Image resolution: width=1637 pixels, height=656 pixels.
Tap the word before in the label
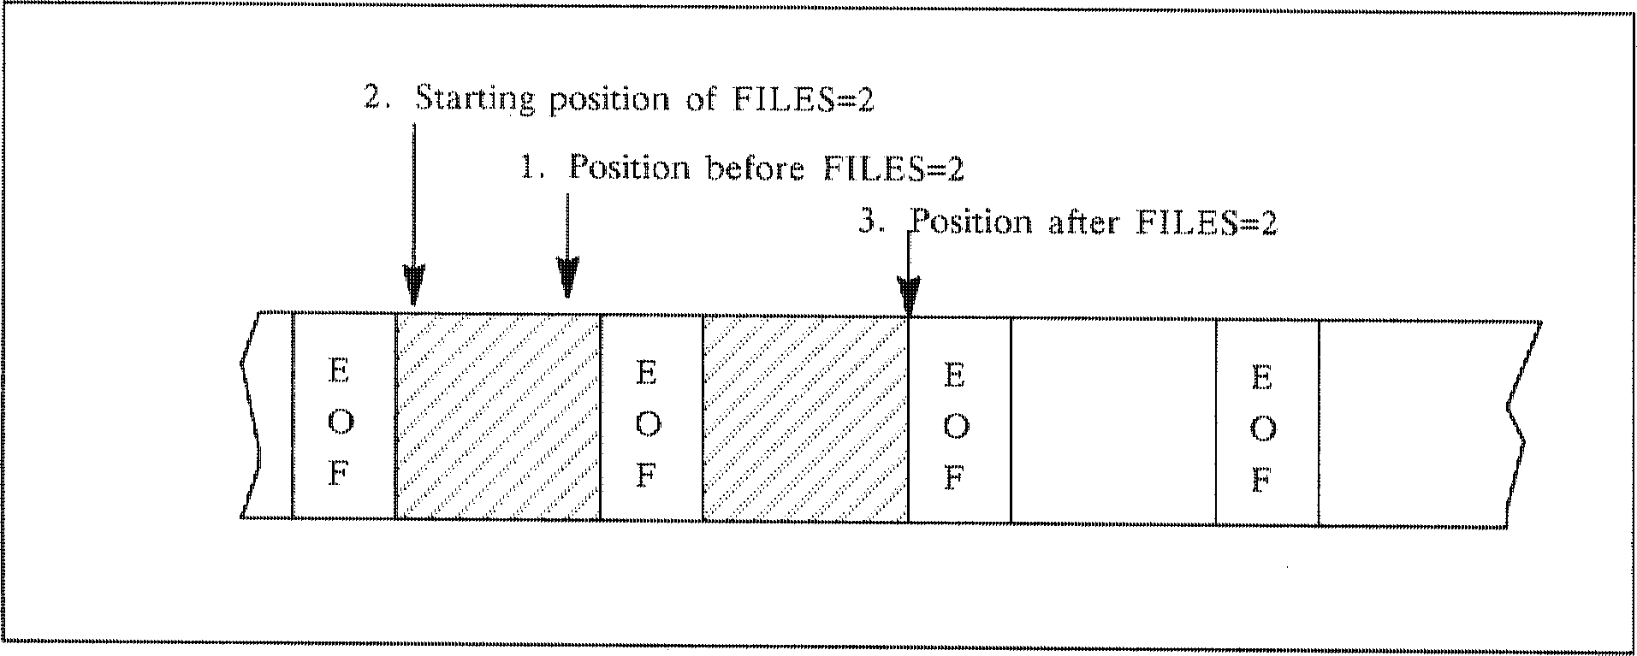pos(754,168)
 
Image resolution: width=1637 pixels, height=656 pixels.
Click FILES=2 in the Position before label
pos(893,168)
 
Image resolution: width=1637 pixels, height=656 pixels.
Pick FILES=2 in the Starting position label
pos(804,99)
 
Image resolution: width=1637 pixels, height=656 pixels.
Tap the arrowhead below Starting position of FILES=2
pos(414,287)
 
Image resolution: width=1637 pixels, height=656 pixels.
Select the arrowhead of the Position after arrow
pos(909,295)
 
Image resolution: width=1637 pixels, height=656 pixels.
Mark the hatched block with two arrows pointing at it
pos(497,417)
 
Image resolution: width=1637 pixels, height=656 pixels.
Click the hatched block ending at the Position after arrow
pos(804,419)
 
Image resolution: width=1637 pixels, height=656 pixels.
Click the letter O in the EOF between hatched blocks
pos(648,423)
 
